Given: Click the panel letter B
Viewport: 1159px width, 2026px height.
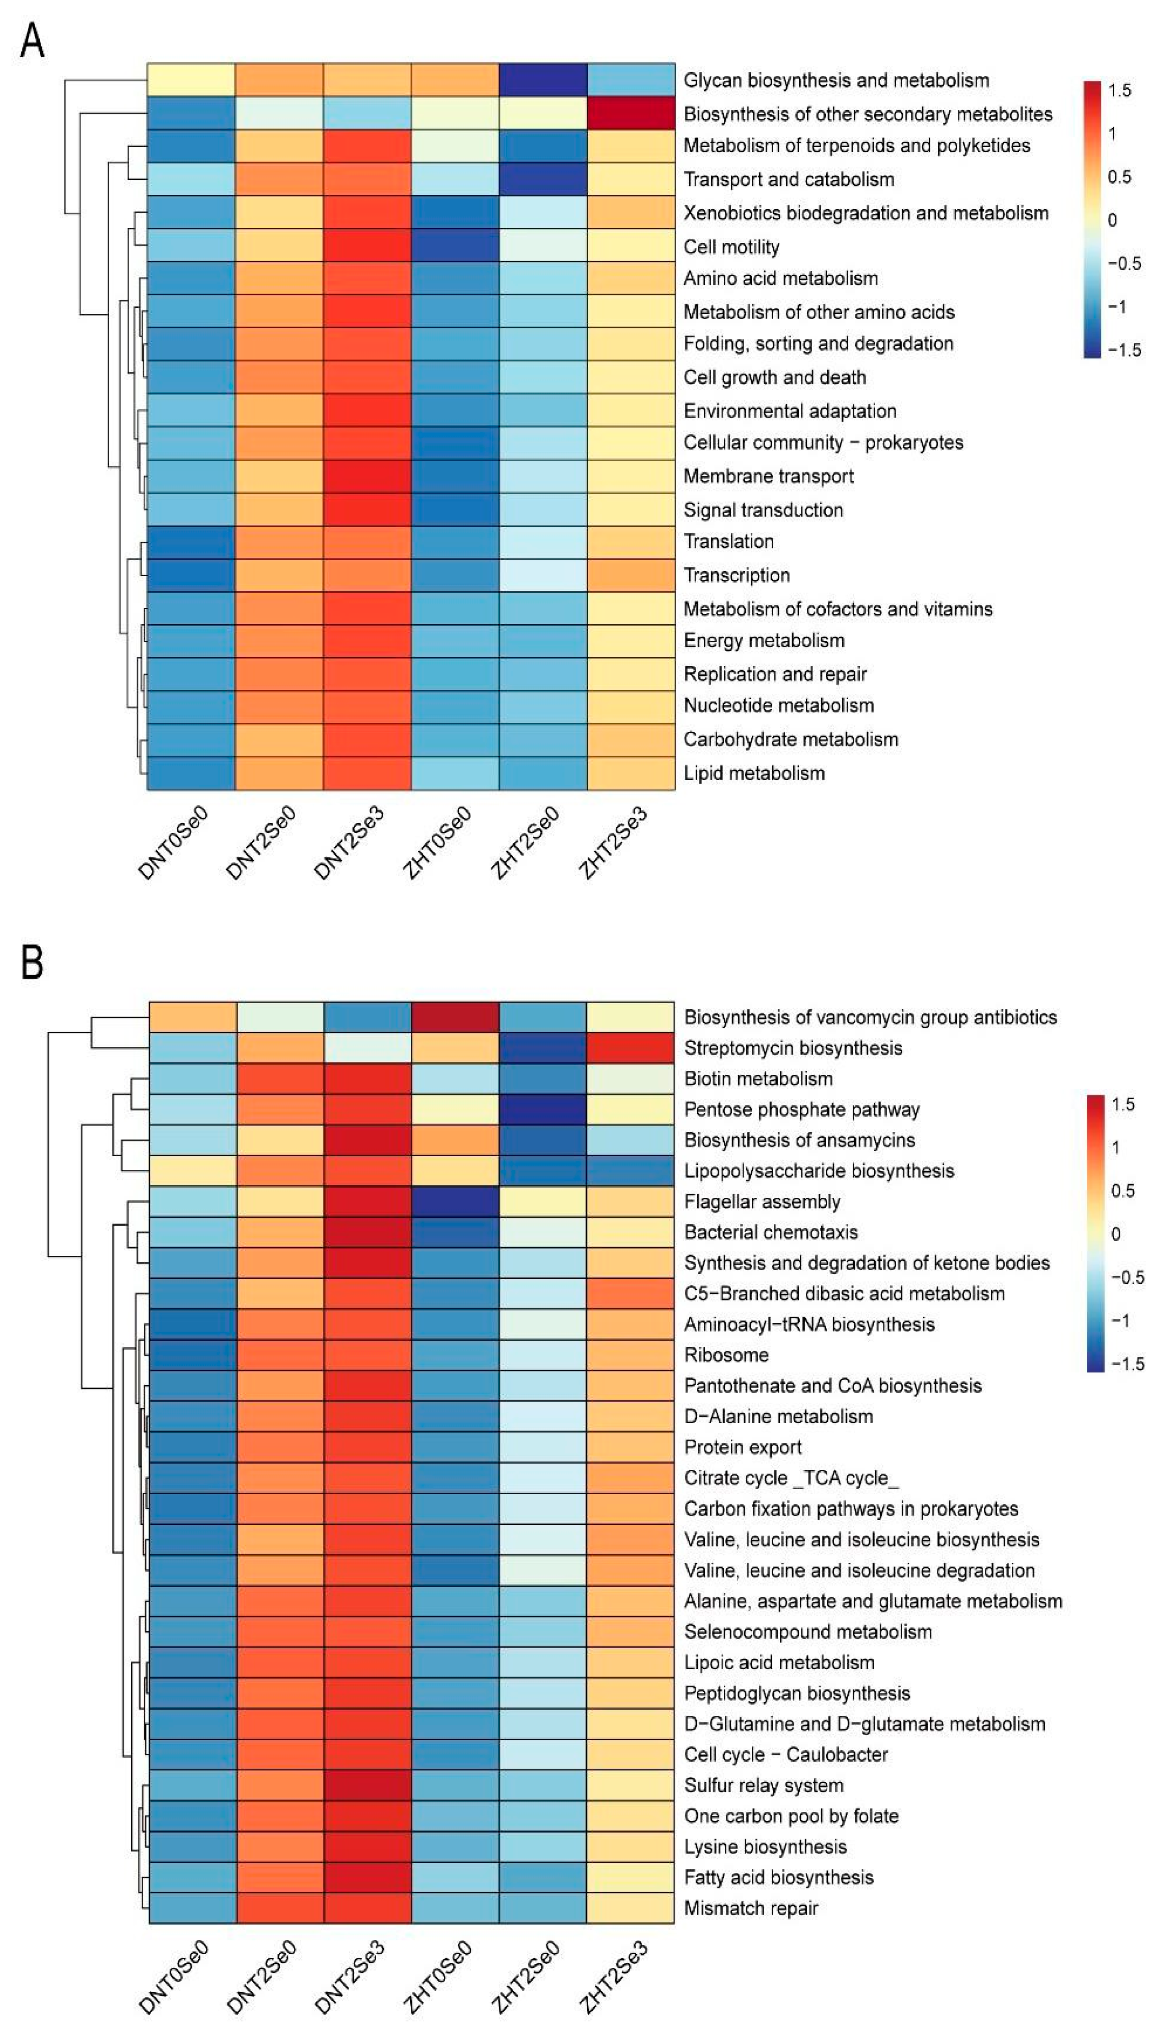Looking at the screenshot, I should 32,961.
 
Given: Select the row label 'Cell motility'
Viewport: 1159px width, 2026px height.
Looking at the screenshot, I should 731,247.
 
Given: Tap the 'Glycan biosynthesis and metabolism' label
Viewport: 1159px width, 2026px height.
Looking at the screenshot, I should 836,80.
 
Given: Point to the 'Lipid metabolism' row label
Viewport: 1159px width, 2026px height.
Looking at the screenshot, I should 754,772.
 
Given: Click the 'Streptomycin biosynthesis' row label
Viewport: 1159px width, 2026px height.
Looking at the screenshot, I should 793,1048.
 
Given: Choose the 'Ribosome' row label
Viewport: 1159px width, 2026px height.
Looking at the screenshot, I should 726,1355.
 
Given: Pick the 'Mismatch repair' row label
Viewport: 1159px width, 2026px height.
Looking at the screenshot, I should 750,1908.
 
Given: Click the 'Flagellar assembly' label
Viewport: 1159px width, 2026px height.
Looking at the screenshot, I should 762,1202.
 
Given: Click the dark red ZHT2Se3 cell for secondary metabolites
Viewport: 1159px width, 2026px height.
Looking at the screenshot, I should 630,113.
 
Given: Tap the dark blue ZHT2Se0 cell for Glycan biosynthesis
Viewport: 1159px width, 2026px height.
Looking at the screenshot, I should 543,80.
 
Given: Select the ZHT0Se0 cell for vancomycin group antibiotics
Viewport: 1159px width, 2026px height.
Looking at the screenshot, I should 455,1017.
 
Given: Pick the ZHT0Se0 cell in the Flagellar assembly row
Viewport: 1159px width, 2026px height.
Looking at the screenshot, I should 455,1202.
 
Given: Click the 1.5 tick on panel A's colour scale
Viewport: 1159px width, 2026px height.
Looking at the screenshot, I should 1119,90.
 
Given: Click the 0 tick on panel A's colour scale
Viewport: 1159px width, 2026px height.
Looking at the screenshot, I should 1113,220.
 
